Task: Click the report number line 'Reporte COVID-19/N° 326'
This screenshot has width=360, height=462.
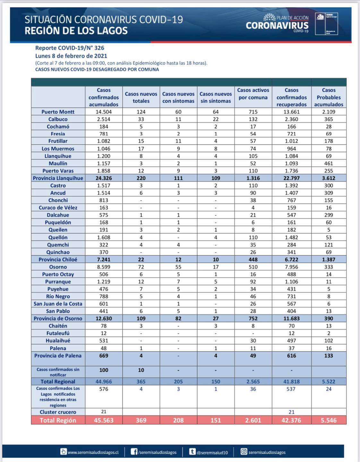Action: [x=70, y=48]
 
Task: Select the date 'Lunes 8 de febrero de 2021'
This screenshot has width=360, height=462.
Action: [x=71, y=56]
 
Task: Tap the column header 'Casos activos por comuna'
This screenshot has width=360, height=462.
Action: [x=253, y=94]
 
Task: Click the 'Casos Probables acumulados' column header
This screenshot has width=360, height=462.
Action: [x=329, y=97]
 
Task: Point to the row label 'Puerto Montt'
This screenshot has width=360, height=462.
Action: [x=58, y=112]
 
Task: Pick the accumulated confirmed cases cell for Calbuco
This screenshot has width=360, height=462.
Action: [x=104, y=119]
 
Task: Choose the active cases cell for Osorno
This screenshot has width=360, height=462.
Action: [x=253, y=267]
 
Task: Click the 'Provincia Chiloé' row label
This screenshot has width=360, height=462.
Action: [x=58, y=260]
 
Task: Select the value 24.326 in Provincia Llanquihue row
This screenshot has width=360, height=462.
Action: [x=104, y=178]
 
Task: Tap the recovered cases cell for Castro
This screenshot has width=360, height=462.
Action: [x=291, y=186]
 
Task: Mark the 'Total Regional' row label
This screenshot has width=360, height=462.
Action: [x=58, y=382]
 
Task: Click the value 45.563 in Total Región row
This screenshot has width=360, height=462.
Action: [x=104, y=420]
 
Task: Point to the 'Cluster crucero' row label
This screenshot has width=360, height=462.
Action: [x=58, y=412]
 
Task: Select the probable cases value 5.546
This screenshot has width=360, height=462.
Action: [x=329, y=420]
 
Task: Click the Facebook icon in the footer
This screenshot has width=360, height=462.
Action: [x=134, y=452]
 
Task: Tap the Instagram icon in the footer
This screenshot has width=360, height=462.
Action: [x=244, y=452]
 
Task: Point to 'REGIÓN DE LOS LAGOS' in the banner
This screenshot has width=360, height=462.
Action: [x=76, y=31]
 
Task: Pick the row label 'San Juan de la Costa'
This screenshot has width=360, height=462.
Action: [x=58, y=304]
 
